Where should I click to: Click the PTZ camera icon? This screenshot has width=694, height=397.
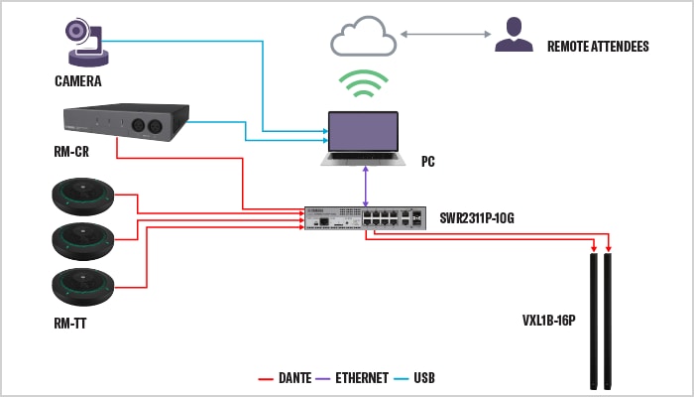pyautogui.click(x=84, y=39)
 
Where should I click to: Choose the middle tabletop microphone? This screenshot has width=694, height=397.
pyautogui.click(x=83, y=239)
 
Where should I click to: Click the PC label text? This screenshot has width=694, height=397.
pyautogui.click(x=427, y=162)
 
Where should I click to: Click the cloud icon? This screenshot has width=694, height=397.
pyautogui.click(x=363, y=39)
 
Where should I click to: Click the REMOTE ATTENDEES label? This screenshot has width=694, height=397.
pyautogui.click(x=599, y=46)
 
